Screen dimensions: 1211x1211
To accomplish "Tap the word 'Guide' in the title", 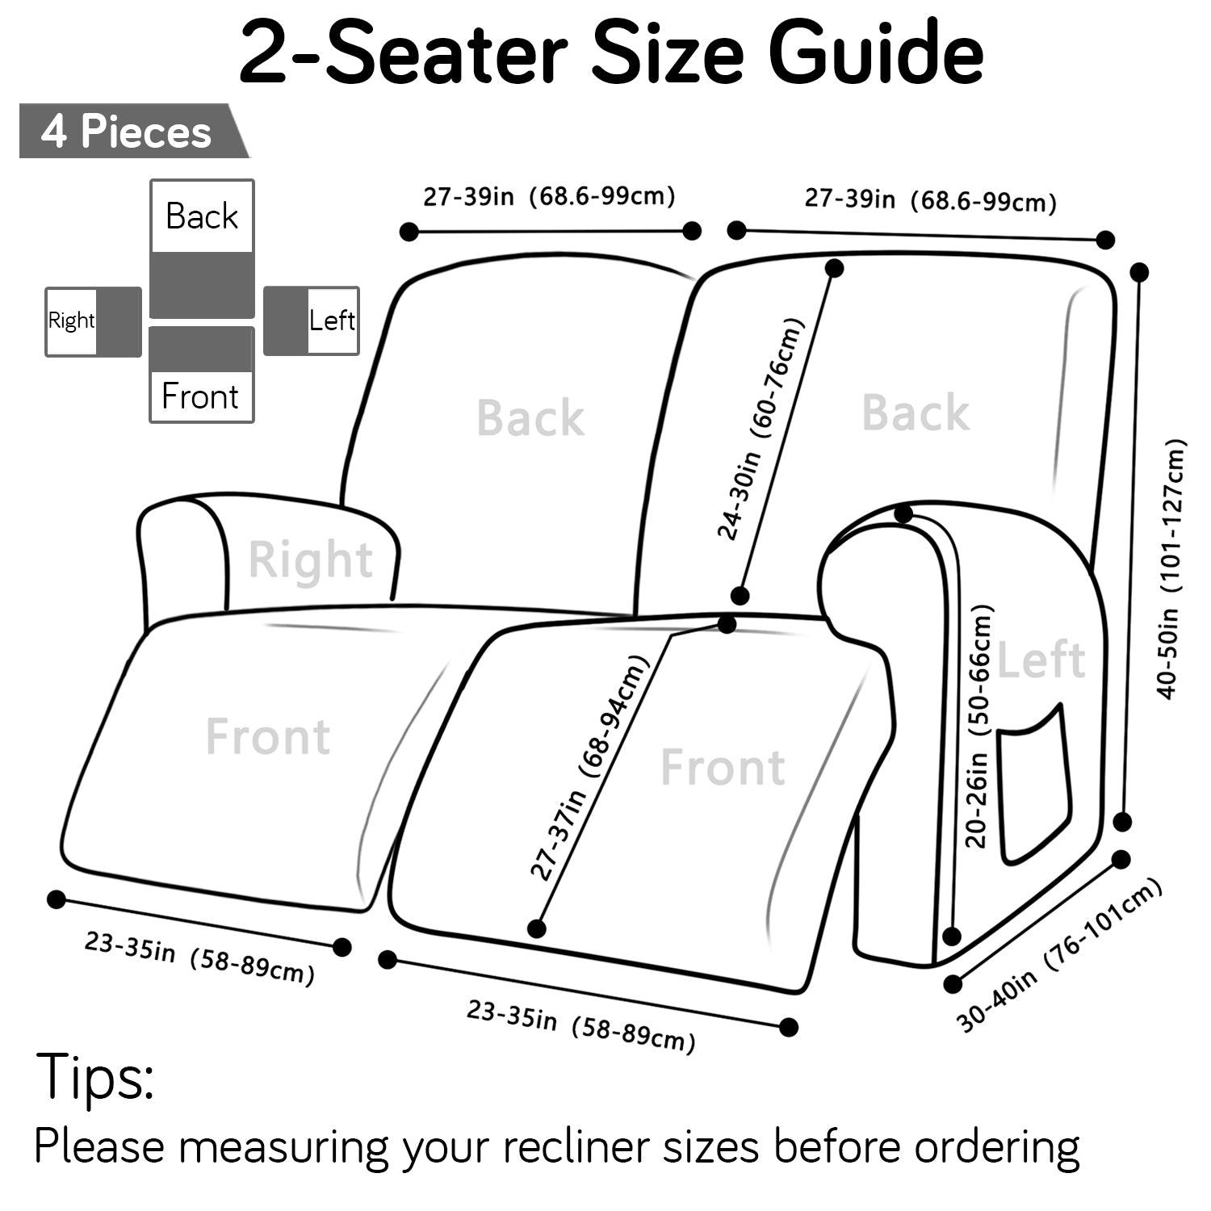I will (877, 53).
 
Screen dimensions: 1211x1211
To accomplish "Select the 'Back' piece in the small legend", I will (202, 249).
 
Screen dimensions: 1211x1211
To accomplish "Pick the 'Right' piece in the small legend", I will (93, 321).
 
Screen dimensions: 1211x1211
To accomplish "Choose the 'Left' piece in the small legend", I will (312, 321).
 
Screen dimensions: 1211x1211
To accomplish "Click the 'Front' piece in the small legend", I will (202, 375).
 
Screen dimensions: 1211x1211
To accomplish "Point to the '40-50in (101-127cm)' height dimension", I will (1171, 568).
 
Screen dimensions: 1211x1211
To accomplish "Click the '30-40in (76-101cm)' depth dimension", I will (1058, 956).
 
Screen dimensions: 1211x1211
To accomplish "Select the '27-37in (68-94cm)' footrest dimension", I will (589, 766).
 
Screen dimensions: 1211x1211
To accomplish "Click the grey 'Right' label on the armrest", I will (310, 559).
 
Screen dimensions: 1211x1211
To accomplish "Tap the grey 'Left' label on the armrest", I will (1041, 660).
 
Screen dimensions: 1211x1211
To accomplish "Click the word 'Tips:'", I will (94, 1077).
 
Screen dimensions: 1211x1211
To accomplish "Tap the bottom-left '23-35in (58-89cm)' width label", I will (199, 958).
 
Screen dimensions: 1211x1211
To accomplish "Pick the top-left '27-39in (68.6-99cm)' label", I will (549, 196).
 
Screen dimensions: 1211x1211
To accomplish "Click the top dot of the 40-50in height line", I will (1139, 272).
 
